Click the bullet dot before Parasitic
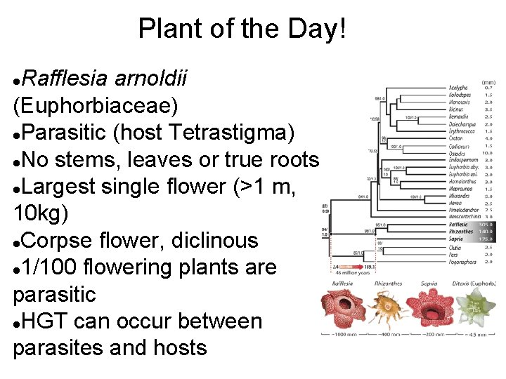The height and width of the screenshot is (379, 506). point(17,133)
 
